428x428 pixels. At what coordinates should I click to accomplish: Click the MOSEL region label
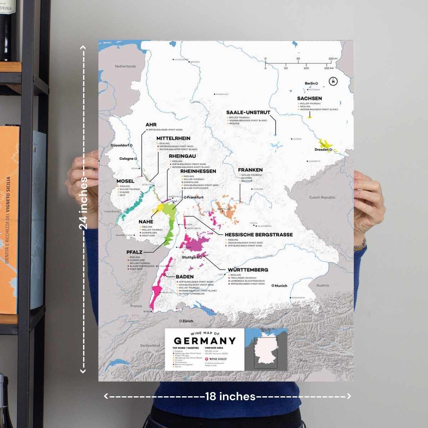click(x=125, y=181)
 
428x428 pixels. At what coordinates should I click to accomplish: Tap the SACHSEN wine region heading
click(x=309, y=98)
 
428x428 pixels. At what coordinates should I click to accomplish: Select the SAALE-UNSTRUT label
click(x=248, y=112)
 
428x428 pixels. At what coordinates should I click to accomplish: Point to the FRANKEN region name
click(x=250, y=170)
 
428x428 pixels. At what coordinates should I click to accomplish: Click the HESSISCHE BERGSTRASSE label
click(x=259, y=235)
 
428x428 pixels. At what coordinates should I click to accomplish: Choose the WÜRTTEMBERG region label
click(x=248, y=270)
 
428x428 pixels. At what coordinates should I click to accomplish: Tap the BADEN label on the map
click(x=184, y=277)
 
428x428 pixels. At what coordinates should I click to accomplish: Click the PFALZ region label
click(x=134, y=252)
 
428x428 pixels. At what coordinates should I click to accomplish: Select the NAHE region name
click(x=146, y=222)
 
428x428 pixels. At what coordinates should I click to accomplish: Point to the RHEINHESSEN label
click(x=198, y=171)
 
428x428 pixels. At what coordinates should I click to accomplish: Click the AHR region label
click(x=151, y=125)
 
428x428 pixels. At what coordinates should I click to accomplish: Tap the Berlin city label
click(x=310, y=83)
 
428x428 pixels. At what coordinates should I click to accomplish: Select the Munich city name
click(x=281, y=286)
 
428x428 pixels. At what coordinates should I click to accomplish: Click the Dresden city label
click(x=321, y=150)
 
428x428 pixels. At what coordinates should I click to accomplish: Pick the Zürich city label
click(x=188, y=321)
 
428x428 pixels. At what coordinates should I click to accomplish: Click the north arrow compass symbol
click(x=333, y=81)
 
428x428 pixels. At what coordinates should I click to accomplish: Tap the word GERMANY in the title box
click(x=204, y=341)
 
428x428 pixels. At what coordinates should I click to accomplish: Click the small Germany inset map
click(x=266, y=350)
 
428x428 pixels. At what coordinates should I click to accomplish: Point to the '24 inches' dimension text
click(x=83, y=203)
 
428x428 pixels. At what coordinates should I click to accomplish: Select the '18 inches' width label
click(x=230, y=396)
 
